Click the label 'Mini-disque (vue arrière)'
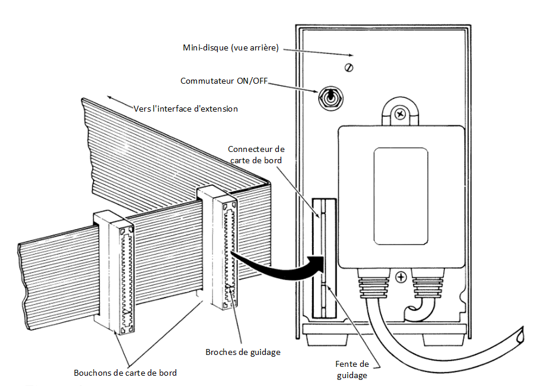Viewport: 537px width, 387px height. [x=231, y=47]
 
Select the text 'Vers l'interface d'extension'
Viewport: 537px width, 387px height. [x=186, y=109]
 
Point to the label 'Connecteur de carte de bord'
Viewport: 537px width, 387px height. [x=256, y=154]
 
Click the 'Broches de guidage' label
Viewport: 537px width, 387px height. [x=242, y=352]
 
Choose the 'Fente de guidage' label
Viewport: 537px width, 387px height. [x=352, y=369]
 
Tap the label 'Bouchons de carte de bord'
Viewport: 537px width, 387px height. [x=125, y=373]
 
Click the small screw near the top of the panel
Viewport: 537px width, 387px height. [x=350, y=66]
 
